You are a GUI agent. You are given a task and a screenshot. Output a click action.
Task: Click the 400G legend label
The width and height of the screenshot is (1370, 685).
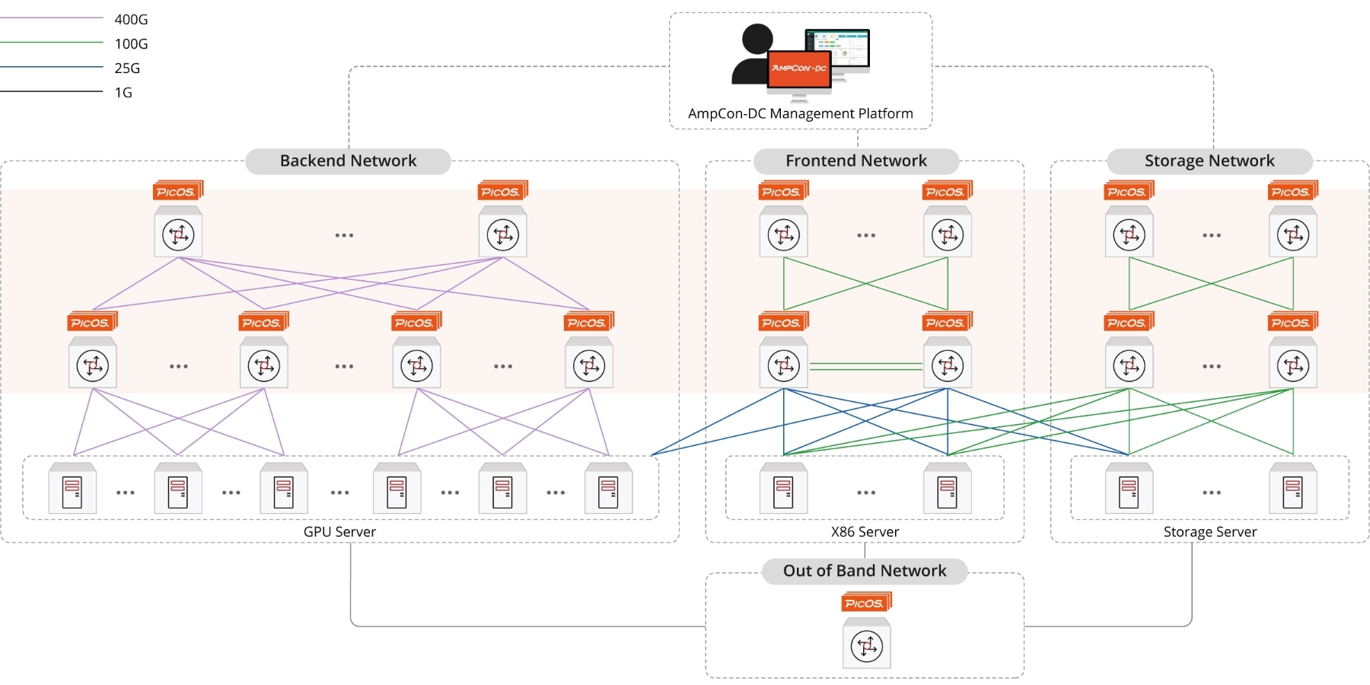pos(131,19)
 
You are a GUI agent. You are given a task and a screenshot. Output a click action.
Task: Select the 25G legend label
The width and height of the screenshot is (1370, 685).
pos(127,68)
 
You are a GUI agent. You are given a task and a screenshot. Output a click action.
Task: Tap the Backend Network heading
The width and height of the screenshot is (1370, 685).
pos(348,161)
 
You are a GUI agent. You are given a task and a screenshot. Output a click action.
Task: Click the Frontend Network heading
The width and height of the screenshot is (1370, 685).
pos(855,161)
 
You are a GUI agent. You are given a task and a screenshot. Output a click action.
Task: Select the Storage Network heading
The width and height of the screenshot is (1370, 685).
pos(1209,161)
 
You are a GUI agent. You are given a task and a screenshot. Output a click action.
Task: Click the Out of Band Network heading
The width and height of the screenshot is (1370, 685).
pos(865,571)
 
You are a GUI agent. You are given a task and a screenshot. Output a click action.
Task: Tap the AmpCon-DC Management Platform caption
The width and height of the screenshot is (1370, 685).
pos(800,113)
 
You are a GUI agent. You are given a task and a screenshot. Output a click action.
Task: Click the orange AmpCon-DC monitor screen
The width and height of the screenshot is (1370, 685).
pos(798,70)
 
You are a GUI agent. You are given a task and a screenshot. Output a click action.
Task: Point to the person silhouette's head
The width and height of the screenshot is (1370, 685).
pos(757,39)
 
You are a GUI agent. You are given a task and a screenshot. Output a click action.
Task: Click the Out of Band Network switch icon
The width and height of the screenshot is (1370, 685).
pos(866,647)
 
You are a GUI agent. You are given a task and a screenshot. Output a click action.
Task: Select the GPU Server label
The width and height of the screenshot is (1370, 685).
pos(339,531)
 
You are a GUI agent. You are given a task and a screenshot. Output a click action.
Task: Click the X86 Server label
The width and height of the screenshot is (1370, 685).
pos(865,531)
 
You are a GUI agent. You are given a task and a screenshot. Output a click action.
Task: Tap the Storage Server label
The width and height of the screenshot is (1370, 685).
pos(1209,531)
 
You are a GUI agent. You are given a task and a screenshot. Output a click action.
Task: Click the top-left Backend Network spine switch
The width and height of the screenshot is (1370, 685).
pos(178,234)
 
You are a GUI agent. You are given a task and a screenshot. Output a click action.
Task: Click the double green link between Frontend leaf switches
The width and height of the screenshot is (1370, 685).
pos(865,367)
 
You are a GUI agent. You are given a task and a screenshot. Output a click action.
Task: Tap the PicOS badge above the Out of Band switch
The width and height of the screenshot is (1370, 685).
pos(865,603)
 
